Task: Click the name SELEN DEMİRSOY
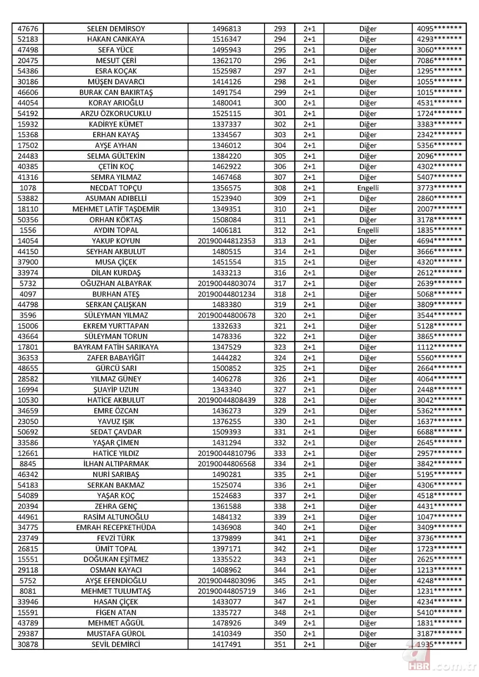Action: pyautogui.click(x=115, y=29)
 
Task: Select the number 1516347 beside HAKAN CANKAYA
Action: pyautogui.click(x=227, y=39)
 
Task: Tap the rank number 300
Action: pyautogui.click(x=280, y=103)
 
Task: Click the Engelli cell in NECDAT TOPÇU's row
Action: pyautogui.click(x=368, y=188)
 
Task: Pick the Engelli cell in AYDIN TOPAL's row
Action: pyautogui.click(x=368, y=230)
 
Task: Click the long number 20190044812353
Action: pyautogui.click(x=227, y=241)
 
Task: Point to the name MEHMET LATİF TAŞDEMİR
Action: pyautogui.click(x=115, y=209)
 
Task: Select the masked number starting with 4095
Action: pyautogui.click(x=439, y=29)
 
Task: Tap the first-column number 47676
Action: pyautogui.click(x=28, y=29)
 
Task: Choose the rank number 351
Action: pyautogui.click(x=280, y=645)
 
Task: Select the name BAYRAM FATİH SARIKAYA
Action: pyautogui.click(x=115, y=347)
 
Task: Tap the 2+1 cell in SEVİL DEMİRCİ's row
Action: pyautogui.click(x=309, y=645)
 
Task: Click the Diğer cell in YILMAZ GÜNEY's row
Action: pyautogui.click(x=368, y=379)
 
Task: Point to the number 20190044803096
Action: pyautogui.click(x=227, y=581)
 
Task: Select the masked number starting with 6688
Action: pyautogui.click(x=439, y=432)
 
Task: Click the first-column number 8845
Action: pyautogui.click(x=28, y=464)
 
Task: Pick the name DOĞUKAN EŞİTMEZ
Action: pyautogui.click(x=115, y=559)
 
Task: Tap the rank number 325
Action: pyautogui.click(x=280, y=369)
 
